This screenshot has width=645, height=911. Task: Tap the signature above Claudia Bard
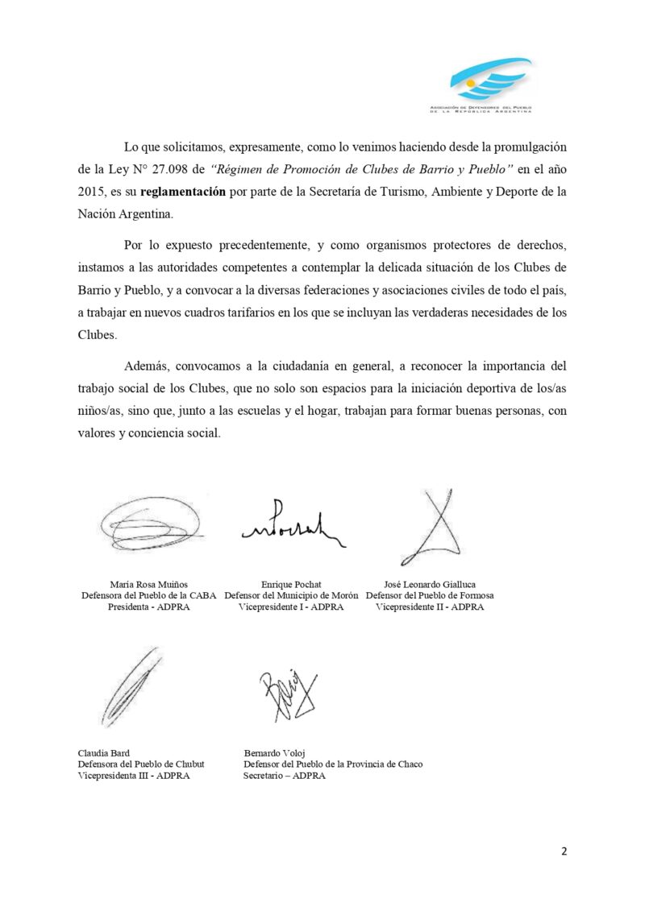coord(131,685)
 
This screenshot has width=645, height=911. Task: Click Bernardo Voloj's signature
coord(286,694)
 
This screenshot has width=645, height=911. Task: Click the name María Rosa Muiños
coord(148,583)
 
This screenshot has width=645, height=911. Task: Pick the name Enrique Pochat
coord(291,583)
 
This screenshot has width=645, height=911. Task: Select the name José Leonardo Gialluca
coord(430,583)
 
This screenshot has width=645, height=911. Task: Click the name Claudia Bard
coord(105,752)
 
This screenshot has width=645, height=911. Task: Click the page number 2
coord(564,852)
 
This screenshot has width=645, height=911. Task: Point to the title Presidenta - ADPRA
coord(148,607)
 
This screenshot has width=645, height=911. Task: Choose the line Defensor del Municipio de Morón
coord(291,595)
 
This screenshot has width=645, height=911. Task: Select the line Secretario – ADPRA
coord(285,776)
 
